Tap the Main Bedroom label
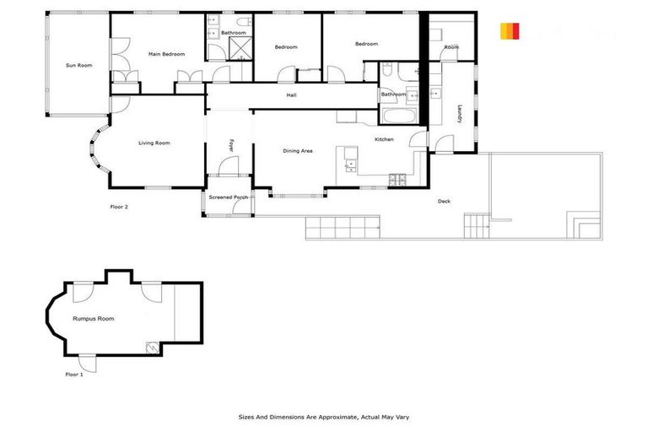point(166,54)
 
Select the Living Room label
point(154,143)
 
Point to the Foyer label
point(230,146)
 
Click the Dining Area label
point(298,150)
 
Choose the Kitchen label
point(385,139)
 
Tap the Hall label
point(292,94)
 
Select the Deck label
point(444,201)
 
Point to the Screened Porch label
point(229,197)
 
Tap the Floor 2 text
point(119,206)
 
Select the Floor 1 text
point(74,374)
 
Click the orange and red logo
point(510,31)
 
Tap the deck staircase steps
point(478,224)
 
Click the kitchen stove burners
point(397,178)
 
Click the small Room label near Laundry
point(451,47)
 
